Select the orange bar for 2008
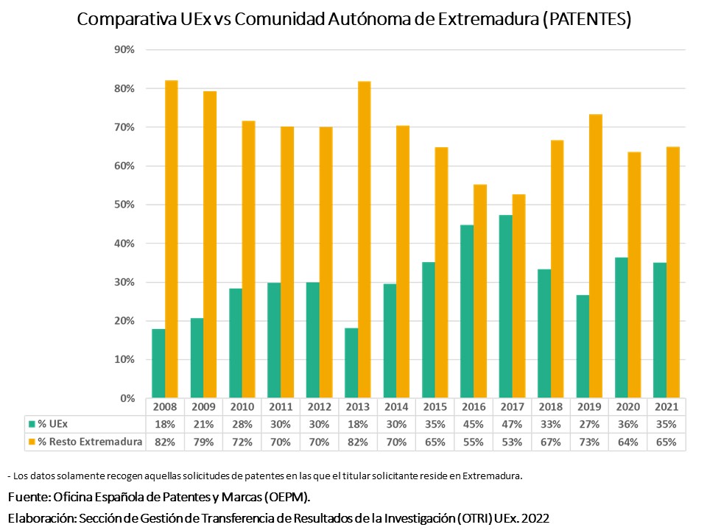[x=172, y=239]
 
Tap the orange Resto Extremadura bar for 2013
[x=364, y=239]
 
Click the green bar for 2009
[x=197, y=358]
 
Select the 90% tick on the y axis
[x=124, y=49]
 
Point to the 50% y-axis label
[x=124, y=205]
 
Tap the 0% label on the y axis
[x=127, y=398]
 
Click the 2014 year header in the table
[x=396, y=407]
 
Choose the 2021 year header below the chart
[x=666, y=407]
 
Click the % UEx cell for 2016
[x=473, y=424]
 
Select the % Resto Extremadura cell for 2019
[x=588, y=442]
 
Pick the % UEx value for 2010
[x=242, y=424]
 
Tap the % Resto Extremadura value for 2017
[x=512, y=442]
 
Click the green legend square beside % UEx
[x=32, y=424]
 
